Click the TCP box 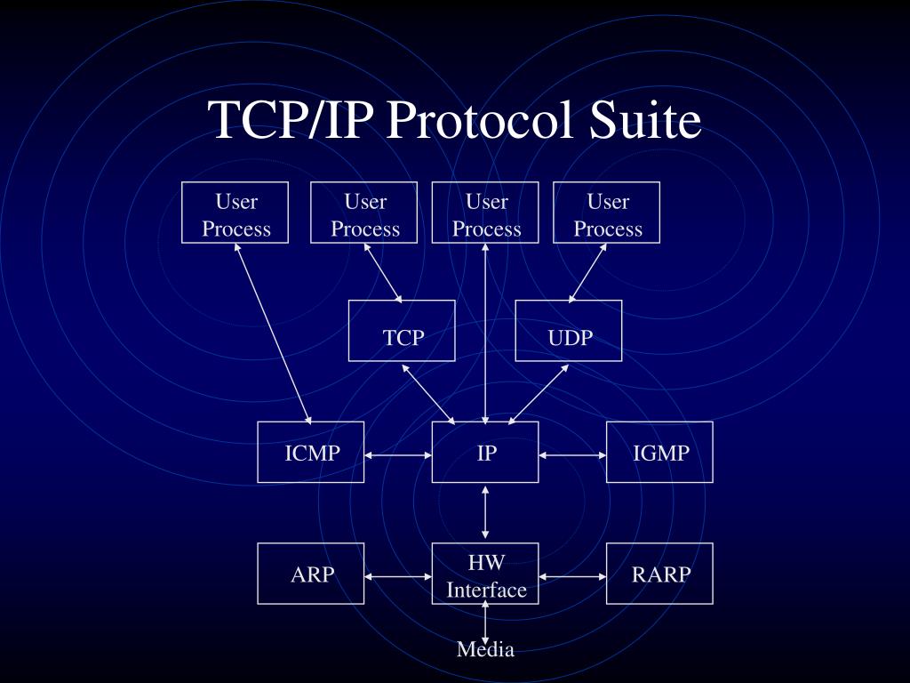click(402, 331)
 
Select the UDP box click(569, 331)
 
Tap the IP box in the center click(485, 452)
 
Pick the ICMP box click(311, 452)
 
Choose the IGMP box click(659, 452)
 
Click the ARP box click(311, 574)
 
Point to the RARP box click(659, 574)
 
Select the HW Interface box click(485, 574)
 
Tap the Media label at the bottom click(485, 649)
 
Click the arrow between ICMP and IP click(398, 455)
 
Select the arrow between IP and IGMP click(572, 455)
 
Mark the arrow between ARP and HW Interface click(398, 576)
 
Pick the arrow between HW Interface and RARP click(572, 576)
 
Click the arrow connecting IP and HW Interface click(485, 512)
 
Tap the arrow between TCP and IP click(429, 392)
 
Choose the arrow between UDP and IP click(539, 393)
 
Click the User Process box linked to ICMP click(235, 213)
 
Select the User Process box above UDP click(607, 213)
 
